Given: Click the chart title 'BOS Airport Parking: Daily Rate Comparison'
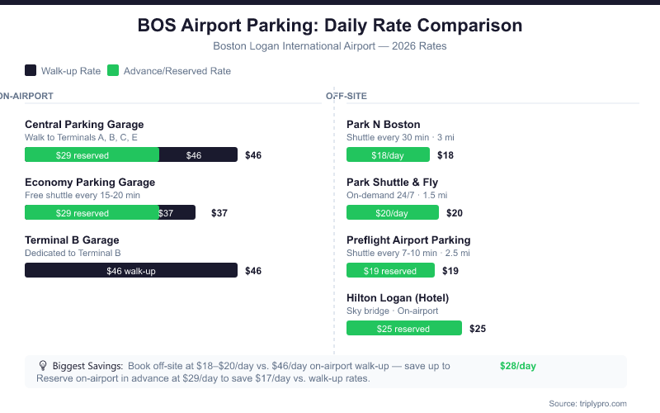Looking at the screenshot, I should point(330,26).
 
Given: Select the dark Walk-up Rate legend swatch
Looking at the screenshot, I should point(31,71).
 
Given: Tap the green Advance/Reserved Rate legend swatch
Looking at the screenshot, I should point(113,71).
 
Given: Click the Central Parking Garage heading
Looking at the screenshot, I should point(84,125).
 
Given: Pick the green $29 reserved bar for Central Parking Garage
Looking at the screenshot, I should point(92,154).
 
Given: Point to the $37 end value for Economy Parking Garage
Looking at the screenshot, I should point(219,212).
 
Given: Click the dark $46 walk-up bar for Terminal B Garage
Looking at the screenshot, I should point(131,270).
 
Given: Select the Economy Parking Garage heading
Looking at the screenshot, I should point(90,183).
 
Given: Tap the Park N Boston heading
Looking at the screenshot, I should point(384,125).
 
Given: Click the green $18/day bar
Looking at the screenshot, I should point(388,154).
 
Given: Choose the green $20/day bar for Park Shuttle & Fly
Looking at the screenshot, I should point(392,212).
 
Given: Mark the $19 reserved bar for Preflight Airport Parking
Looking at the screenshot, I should point(390,270).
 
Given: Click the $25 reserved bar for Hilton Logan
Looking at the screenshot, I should point(403,328).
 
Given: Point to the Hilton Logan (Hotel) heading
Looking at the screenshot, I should point(398,298).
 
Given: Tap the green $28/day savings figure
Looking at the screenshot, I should point(518,365).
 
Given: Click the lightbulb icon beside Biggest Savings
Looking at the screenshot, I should point(43,365).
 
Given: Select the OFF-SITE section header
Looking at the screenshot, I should point(346,96).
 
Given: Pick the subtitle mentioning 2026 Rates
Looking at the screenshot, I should point(330,46).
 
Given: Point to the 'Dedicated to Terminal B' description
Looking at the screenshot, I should point(73,253).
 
